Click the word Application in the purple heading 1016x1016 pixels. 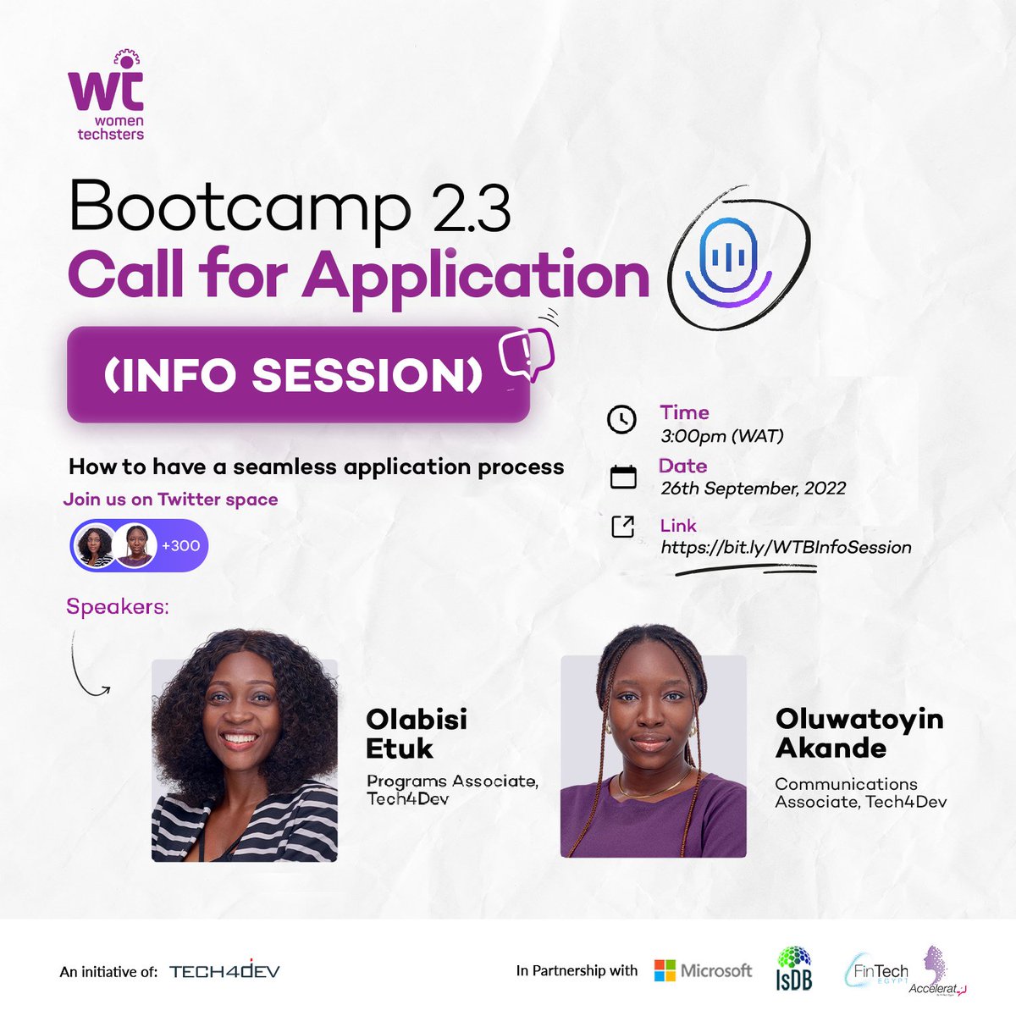tap(476, 275)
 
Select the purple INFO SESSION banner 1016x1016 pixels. tap(297, 375)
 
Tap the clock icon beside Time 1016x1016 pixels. tap(622, 420)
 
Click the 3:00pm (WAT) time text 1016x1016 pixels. tap(721, 437)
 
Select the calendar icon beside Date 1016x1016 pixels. tap(623, 477)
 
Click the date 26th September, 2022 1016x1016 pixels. tap(753, 489)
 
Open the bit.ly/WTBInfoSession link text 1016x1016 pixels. tap(786, 547)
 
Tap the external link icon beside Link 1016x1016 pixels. tap(623, 527)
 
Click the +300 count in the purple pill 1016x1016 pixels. tap(180, 546)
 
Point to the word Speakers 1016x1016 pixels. tap(117, 607)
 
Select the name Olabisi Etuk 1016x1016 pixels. tap(417, 733)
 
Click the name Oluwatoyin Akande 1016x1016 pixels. tap(859, 733)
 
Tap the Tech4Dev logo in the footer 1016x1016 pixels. tap(224, 971)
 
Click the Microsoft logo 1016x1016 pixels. tap(703, 970)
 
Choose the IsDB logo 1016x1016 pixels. tap(793, 968)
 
